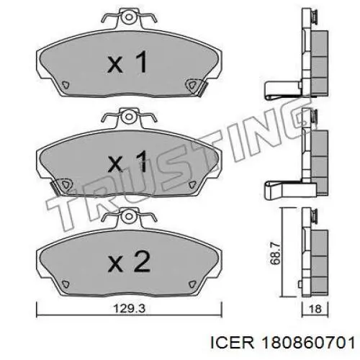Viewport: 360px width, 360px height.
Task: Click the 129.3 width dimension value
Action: pyautogui.click(x=130, y=309)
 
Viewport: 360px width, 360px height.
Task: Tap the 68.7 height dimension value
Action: pyautogui.click(x=275, y=253)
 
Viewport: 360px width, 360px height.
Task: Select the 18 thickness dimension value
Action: pyautogui.click(x=315, y=309)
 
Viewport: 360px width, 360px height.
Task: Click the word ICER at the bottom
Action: pyautogui.click(x=232, y=343)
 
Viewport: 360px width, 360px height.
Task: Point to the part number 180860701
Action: pyautogui.click(x=309, y=343)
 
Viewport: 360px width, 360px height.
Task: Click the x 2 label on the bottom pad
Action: pyautogui.click(x=129, y=262)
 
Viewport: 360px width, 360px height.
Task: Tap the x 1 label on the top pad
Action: pyautogui.click(x=127, y=62)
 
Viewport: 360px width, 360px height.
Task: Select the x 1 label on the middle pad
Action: pyautogui.click(x=127, y=161)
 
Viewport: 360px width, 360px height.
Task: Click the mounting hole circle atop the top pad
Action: pyautogui.click(x=129, y=17)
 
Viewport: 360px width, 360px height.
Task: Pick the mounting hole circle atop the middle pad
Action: pyautogui.click(x=129, y=117)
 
